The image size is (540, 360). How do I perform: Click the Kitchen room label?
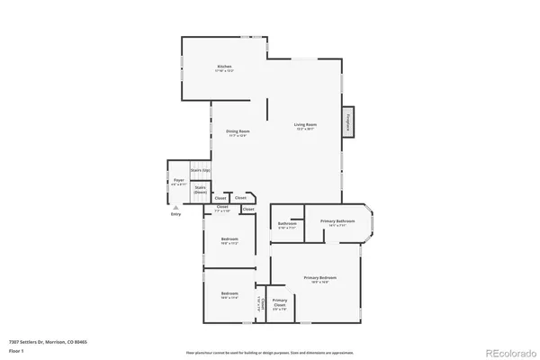[224, 67]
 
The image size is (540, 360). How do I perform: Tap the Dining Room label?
[238, 131]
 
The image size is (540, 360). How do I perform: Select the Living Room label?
[305, 125]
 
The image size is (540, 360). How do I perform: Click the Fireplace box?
[347, 121]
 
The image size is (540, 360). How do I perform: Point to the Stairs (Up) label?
[200, 170]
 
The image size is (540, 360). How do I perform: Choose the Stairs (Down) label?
[201, 189]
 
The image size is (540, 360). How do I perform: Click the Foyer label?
[178, 181]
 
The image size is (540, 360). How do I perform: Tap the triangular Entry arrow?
[175, 207]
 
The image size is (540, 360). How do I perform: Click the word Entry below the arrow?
[175, 214]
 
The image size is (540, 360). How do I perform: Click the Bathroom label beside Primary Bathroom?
[287, 224]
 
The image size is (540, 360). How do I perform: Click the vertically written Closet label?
[261, 304]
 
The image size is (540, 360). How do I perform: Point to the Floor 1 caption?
[15, 350]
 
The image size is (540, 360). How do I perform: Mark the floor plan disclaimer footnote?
[271, 351]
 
